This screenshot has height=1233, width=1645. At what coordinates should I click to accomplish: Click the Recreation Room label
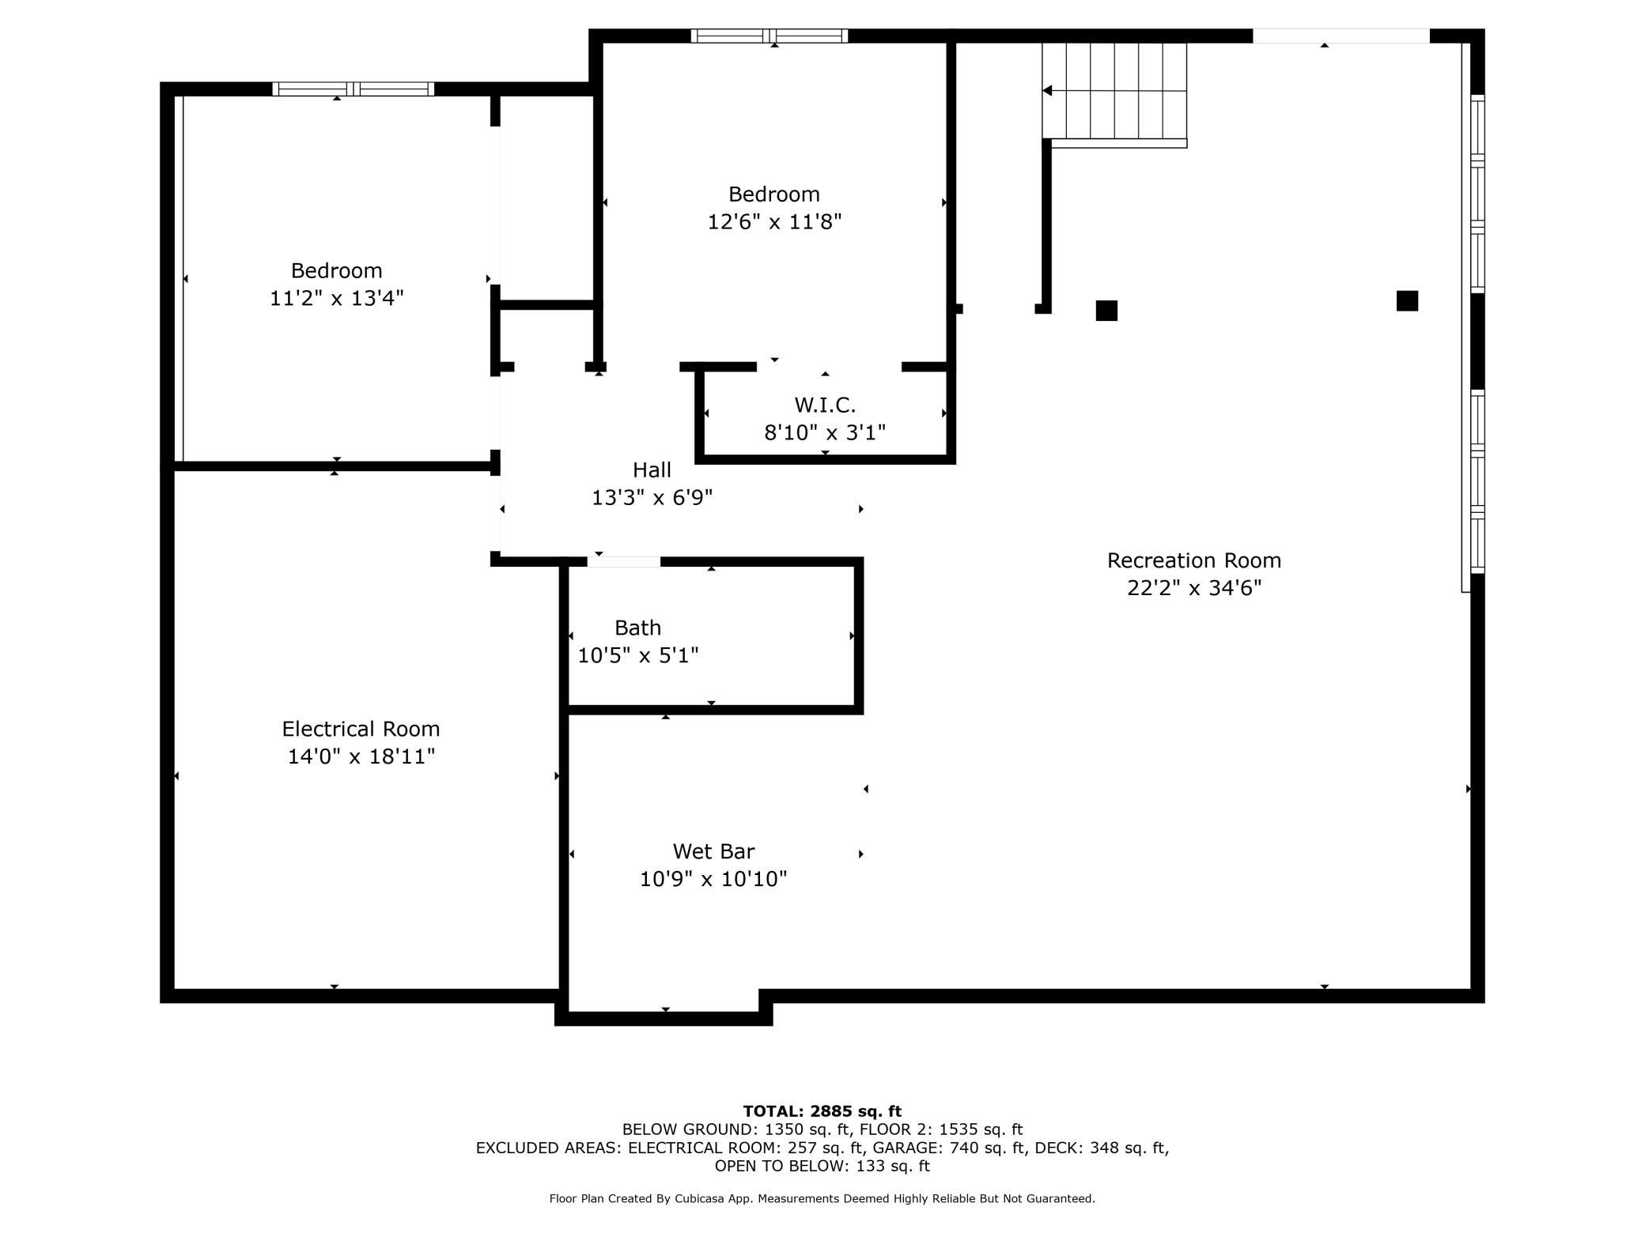pyautogui.click(x=1193, y=560)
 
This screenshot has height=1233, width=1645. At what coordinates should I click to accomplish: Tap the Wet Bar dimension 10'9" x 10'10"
pyautogui.click(x=713, y=879)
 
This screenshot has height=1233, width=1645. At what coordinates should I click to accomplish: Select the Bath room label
pyautogui.click(x=637, y=628)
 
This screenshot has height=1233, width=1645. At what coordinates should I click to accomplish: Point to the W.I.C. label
pyautogui.click(x=825, y=405)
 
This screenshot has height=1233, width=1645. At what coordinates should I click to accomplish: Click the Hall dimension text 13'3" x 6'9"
pyautogui.click(x=652, y=497)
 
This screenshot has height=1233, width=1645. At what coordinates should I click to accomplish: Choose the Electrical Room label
pyautogui.click(x=361, y=729)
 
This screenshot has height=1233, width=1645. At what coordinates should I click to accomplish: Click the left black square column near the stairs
pyautogui.click(x=1106, y=311)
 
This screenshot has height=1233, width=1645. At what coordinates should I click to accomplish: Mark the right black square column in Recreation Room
pyautogui.click(x=1407, y=300)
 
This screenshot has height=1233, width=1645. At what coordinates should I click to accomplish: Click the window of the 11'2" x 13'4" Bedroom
pyautogui.click(x=354, y=89)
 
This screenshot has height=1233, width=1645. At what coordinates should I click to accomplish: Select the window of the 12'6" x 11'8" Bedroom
pyautogui.click(x=770, y=36)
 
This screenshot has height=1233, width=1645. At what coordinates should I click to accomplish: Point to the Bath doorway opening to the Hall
pyautogui.click(x=623, y=562)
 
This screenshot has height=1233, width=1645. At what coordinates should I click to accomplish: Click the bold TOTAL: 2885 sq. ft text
pyautogui.click(x=822, y=1111)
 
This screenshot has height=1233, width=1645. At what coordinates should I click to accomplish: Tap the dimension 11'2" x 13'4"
pyautogui.click(x=337, y=298)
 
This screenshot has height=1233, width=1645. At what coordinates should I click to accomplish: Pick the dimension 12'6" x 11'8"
pyautogui.click(x=774, y=221)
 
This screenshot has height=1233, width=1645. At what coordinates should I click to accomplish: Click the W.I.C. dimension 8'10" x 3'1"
pyautogui.click(x=825, y=432)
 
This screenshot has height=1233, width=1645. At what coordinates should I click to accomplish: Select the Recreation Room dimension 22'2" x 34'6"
pyautogui.click(x=1194, y=588)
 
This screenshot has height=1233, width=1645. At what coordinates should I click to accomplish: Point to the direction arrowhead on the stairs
pyautogui.click(x=1047, y=91)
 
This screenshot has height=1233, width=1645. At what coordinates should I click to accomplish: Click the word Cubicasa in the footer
pyautogui.click(x=701, y=1199)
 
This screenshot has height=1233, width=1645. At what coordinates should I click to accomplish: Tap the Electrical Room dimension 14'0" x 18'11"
pyautogui.click(x=361, y=756)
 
